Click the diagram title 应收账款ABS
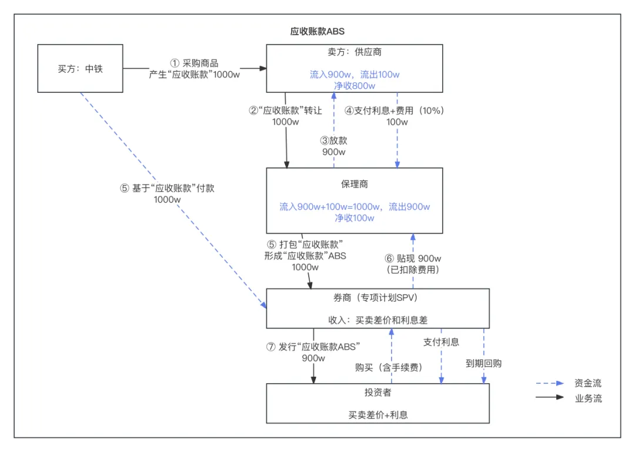pos(317,31)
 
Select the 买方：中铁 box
pos(80,69)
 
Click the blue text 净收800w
pos(355,85)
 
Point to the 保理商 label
pos(354,184)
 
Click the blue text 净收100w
pos(354,218)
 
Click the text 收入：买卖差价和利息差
pos(377,320)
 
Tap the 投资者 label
pos(377,392)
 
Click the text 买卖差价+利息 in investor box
pos(377,414)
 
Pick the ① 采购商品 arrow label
pos(194,63)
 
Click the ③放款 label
pos(333,140)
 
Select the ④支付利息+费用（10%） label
pos(394,111)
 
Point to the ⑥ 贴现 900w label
pos(413,259)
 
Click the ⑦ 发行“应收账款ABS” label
pos(313,347)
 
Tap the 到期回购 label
pos(483,363)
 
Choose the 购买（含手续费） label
pos(389,367)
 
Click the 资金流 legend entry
pos(588,383)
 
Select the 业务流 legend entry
pos(588,399)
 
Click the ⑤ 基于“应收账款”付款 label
pos(167,189)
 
